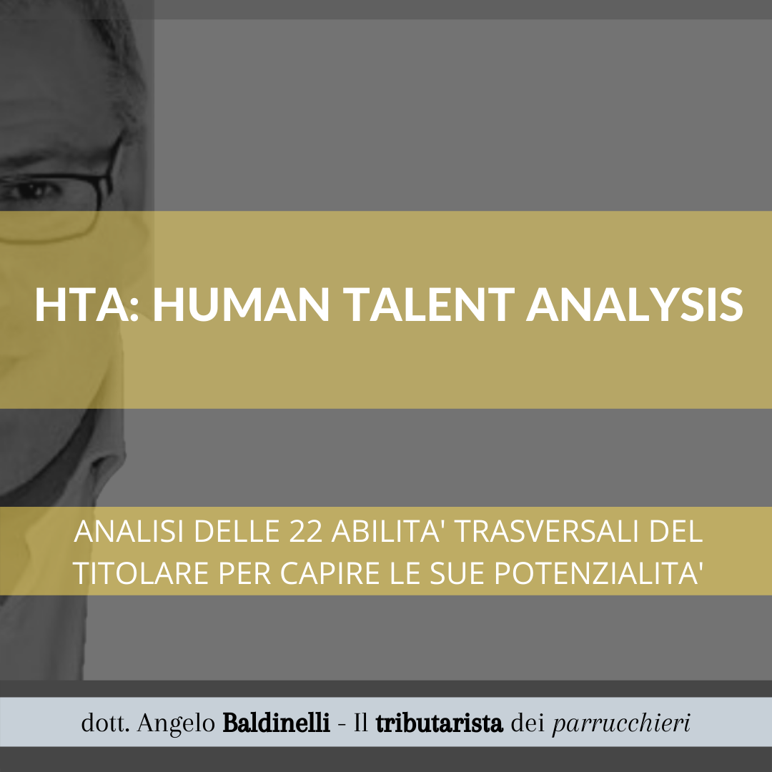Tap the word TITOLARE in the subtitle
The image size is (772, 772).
point(140,573)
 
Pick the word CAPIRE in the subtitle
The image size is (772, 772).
point(330,573)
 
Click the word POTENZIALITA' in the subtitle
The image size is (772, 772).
point(597,573)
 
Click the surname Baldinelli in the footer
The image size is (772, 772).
point(276,723)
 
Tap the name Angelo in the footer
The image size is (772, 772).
point(177,723)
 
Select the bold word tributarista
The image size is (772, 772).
point(439,723)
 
